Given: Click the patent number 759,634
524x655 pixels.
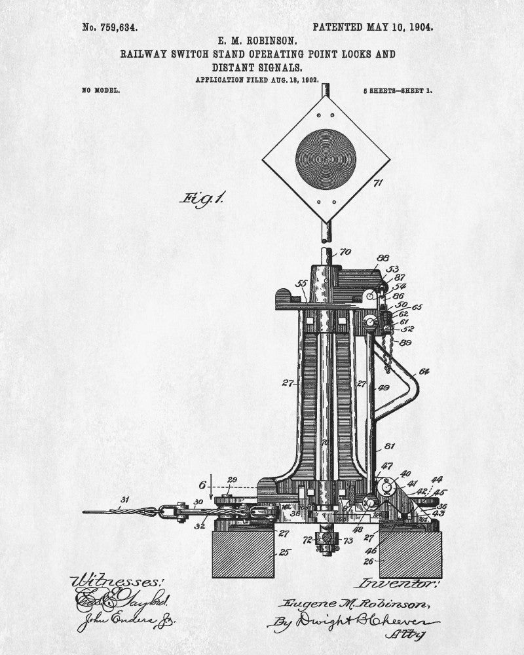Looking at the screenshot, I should (x=109, y=28).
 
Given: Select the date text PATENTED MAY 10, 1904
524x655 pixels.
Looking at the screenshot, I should (x=373, y=27).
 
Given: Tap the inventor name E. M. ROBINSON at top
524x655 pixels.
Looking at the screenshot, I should (x=257, y=41).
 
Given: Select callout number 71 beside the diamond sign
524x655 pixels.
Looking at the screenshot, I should (x=377, y=183).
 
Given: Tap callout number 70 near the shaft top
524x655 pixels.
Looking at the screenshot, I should (x=345, y=252).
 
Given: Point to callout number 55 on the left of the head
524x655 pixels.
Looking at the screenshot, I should (x=301, y=283).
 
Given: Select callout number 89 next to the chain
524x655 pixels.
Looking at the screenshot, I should (x=405, y=343).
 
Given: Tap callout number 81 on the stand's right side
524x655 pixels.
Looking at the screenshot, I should (x=389, y=447).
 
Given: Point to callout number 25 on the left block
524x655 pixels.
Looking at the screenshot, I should (x=284, y=553).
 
